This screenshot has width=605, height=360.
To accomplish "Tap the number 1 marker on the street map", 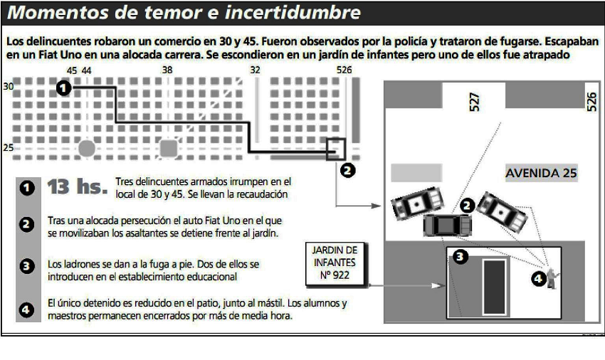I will pyautogui.click(x=63, y=88).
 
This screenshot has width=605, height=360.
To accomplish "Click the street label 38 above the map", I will pyautogui.click(x=167, y=70).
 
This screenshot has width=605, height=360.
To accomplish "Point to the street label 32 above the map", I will pyautogui.click(x=256, y=70).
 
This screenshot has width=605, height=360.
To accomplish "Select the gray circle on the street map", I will pyautogui.click(x=87, y=148).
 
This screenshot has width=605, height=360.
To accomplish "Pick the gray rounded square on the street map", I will pyautogui.click(x=169, y=148).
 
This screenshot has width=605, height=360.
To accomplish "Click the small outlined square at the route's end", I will pyautogui.click(x=335, y=149).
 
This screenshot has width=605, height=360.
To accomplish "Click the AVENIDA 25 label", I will pyautogui.click(x=541, y=172).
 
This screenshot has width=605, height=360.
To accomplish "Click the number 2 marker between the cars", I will pyautogui.click(x=467, y=205).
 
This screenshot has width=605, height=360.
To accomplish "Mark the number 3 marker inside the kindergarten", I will pyautogui.click(x=461, y=258).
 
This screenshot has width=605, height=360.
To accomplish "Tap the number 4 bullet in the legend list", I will pyautogui.click(x=26, y=310).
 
